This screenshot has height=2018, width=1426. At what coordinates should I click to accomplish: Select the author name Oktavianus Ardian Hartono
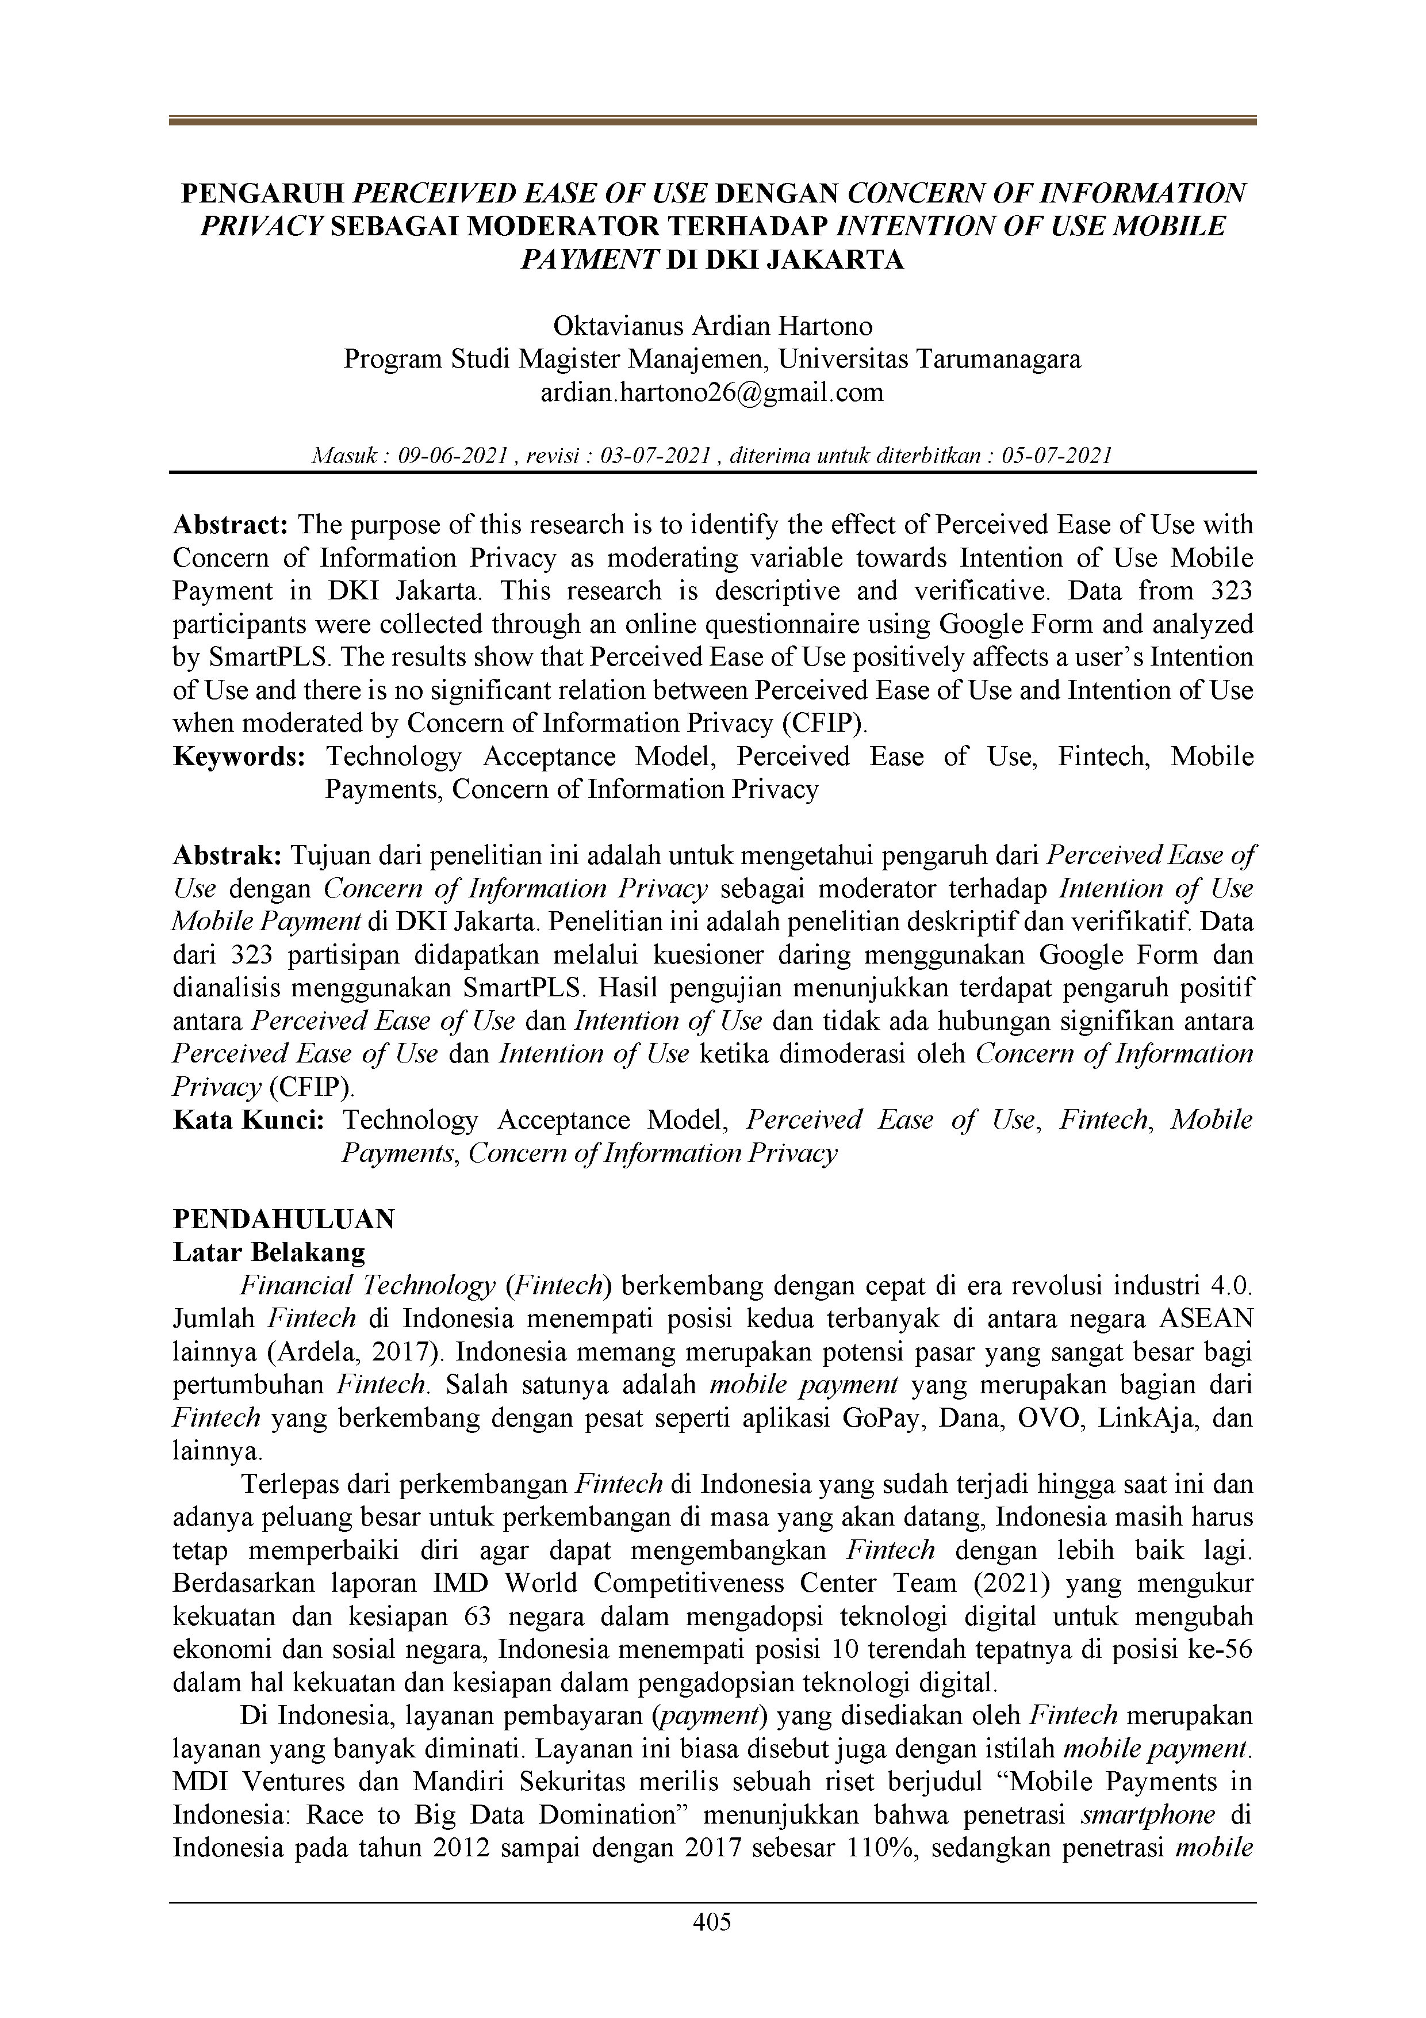(x=712, y=326)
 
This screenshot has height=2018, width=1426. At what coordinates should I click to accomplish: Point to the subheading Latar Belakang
(x=269, y=1252)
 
